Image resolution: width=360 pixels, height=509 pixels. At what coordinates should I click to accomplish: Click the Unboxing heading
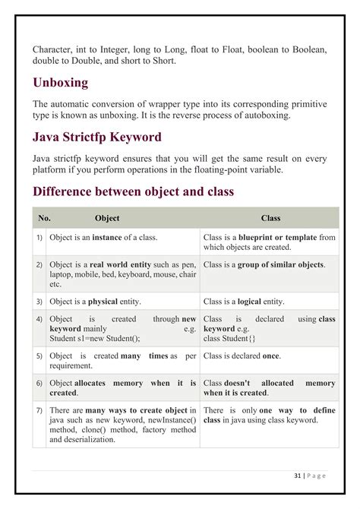[60, 82]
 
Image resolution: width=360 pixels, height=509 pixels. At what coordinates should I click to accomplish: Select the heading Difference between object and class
[133, 192]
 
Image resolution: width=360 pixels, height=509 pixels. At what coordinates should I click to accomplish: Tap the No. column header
[44, 218]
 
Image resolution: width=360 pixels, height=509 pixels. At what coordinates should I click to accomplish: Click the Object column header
[107, 218]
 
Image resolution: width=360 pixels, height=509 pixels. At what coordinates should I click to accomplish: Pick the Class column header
[270, 218]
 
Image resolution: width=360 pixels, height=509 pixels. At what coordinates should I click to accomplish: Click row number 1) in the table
[39, 238]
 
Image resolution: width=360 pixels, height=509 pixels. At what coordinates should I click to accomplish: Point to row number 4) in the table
[39, 320]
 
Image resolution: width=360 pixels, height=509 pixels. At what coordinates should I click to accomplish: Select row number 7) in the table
[39, 410]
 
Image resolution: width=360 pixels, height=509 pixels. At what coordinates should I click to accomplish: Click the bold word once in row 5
[270, 356]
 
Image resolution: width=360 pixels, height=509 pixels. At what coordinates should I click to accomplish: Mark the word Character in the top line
[55, 49]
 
